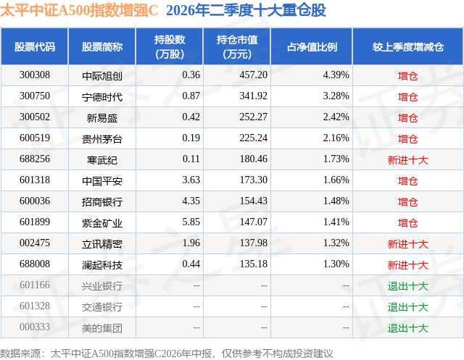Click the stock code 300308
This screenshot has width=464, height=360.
pyautogui.click(x=35, y=75)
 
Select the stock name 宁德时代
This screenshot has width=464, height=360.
pyautogui.click(x=102, y=96)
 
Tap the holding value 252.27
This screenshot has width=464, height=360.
pyautogui.click(x=253, y=117)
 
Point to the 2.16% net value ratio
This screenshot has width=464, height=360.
pyautogui.click(x=336, y=138)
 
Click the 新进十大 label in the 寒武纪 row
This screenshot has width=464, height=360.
pyautogui.click(x=407, y=160)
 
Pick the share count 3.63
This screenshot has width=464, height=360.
pyautogui.click(x=191, y=180)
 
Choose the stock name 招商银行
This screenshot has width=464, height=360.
pyautogui.click(x=102, y=201)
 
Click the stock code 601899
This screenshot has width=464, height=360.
pyautogui.click(x=35, y=222)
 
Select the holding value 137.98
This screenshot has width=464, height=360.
pyautogui.click(x=253, y=243)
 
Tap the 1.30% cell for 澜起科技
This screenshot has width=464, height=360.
pyautogui.click(x=336, y=264)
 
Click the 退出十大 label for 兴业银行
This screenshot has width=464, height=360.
pyautogui.click(x=407, y=286)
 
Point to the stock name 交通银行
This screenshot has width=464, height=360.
pyautogui.click(x=102, y=307)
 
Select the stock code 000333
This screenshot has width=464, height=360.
pyautogui.click(x=35, y=327)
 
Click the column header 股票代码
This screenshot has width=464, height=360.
pyautogui.click(x=35, y=46)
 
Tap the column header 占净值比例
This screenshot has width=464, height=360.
pyautogui.click(x=312, y=46)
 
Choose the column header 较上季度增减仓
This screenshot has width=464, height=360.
pyautogui.click(x=407, y=46)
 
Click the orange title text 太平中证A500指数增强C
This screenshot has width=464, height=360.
pyautogui.click(x=79, y=10)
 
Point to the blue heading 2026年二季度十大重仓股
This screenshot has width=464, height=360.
pyautogui.click(x=246, y=10)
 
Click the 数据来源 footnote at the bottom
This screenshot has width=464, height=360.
pyautogui.click(x=167, y=353)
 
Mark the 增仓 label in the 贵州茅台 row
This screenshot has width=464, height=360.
pyautogui.click(x=407, y=139)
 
